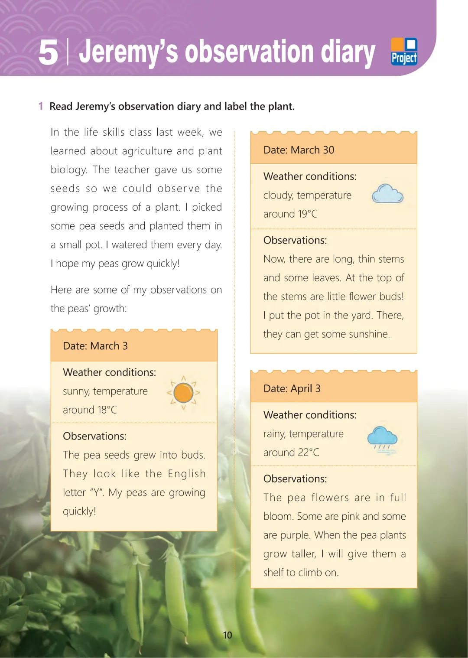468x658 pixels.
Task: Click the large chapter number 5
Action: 48,52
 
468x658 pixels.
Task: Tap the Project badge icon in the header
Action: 404,52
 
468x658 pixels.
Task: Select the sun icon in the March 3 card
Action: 183,393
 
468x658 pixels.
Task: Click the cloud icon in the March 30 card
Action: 387,194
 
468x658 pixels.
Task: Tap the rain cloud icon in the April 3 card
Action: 382,440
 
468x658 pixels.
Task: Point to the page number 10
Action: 227,635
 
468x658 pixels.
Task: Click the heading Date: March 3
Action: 95,346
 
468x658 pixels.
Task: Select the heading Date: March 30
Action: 299,150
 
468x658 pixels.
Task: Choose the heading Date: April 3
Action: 292,388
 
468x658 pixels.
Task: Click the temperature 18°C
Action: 107,410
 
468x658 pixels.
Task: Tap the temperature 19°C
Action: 308,214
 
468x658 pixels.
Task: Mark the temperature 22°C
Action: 309,453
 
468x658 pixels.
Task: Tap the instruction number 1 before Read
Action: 41,106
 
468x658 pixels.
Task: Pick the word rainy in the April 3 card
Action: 274,434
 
